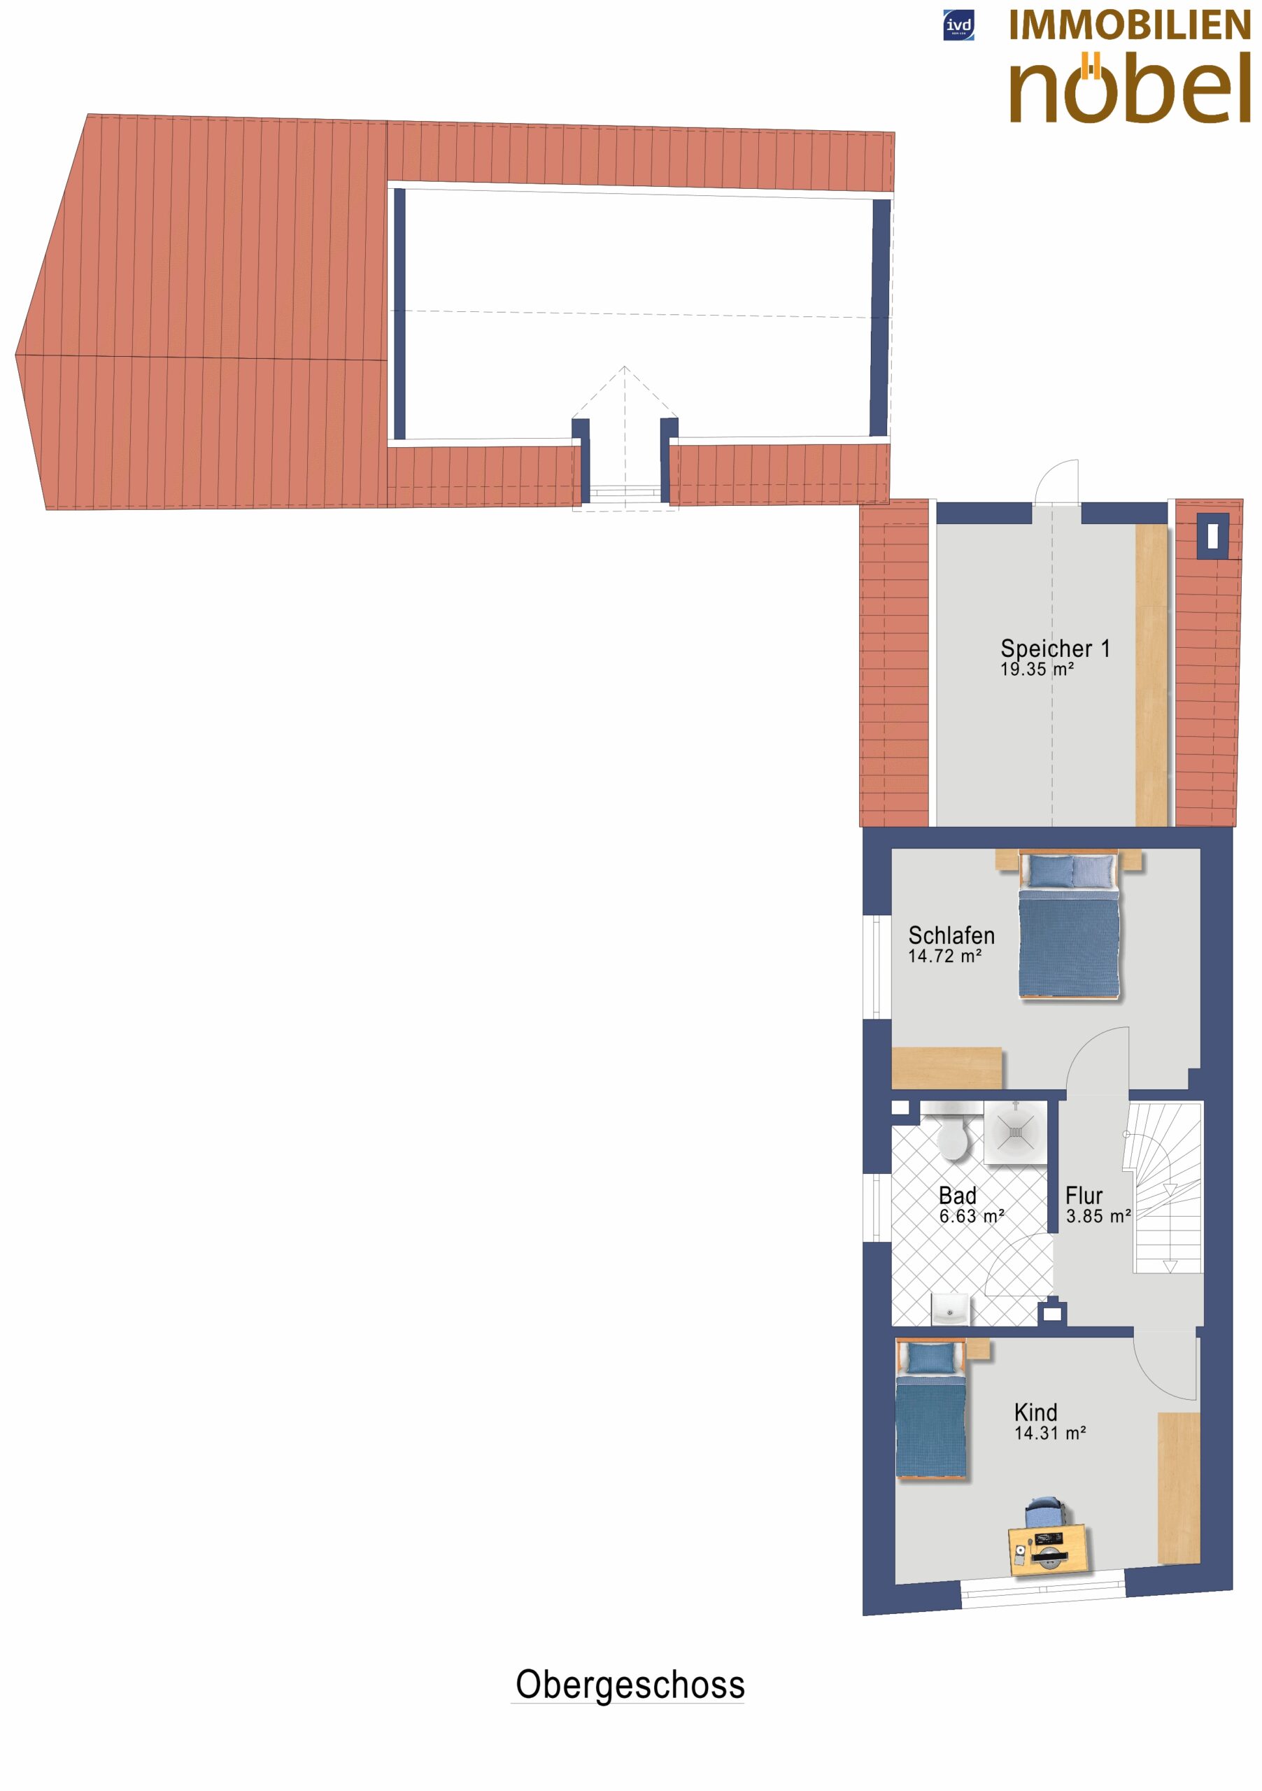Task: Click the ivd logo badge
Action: point(958,26)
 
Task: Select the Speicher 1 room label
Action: point(1054,649)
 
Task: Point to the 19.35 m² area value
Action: point(1037,670)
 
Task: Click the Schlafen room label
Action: point(951,935)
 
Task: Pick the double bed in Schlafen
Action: point(1068,926)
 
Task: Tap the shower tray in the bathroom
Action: point(1015,1132)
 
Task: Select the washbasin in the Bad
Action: point(950,1310)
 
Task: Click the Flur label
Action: point(1084,1196)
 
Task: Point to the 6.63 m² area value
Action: point(972,1216)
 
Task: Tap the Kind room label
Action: point(1036,1412)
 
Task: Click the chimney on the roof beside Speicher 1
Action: point(1212,536)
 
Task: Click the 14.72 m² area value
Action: point(944,956)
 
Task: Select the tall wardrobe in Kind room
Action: point(1179,1487)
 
